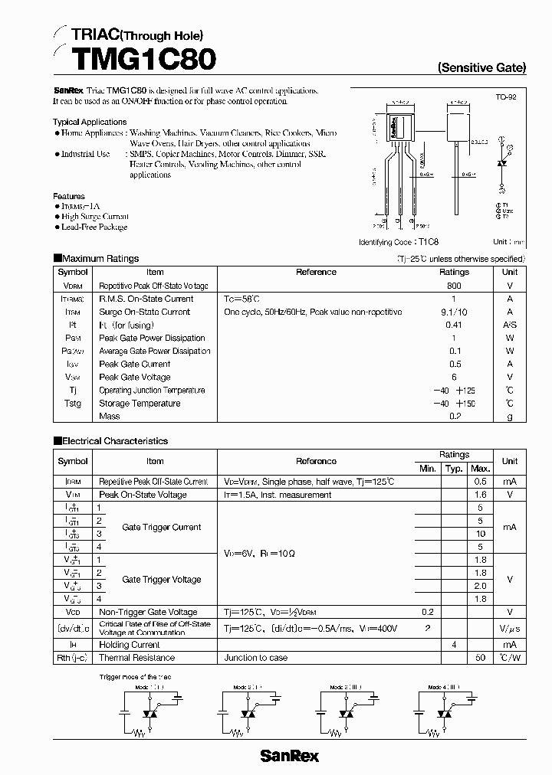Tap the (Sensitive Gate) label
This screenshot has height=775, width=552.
pos(481,67)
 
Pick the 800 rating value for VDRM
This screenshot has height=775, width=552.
pos(454,286)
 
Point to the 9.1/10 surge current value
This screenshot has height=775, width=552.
pos(454,312)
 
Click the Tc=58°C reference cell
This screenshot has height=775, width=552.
pos(242,299)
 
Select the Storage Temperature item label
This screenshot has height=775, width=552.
pos(140,404)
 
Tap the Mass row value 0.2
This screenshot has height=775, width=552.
pos(454,417)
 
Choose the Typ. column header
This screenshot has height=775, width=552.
pos(454,468)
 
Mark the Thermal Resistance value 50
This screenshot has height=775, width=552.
pos(481,658)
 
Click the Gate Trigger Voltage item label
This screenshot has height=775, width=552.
pos(162,580)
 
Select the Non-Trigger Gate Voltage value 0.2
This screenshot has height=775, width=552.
pos(427,612)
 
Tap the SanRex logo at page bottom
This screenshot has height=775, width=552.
pos(289,756)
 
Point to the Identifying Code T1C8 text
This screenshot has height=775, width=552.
pos(415,242)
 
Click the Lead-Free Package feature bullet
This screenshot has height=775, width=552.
pos(94,227)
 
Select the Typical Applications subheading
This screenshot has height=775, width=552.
pos(90,122)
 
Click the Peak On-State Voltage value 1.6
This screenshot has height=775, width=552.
pos(481,495)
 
